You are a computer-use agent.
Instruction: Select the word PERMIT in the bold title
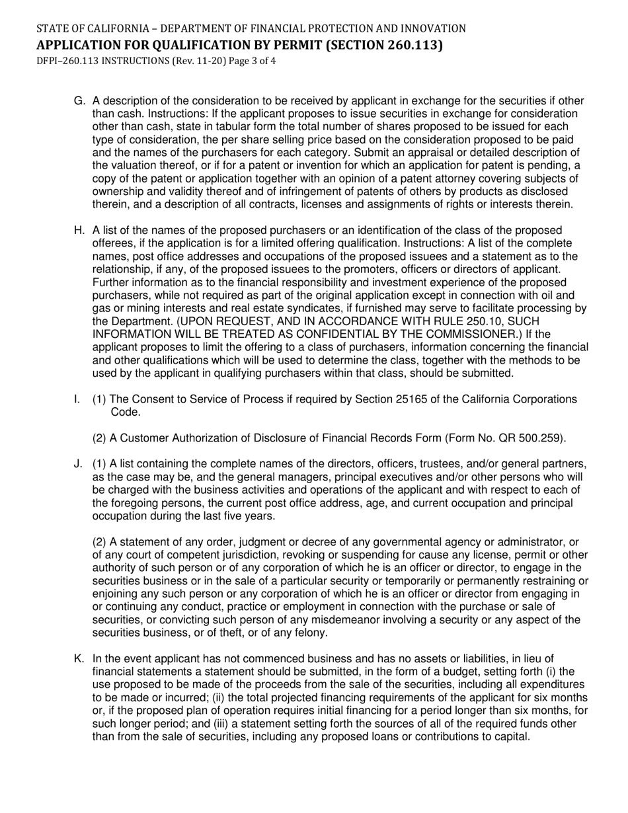(x=314, y=45)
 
